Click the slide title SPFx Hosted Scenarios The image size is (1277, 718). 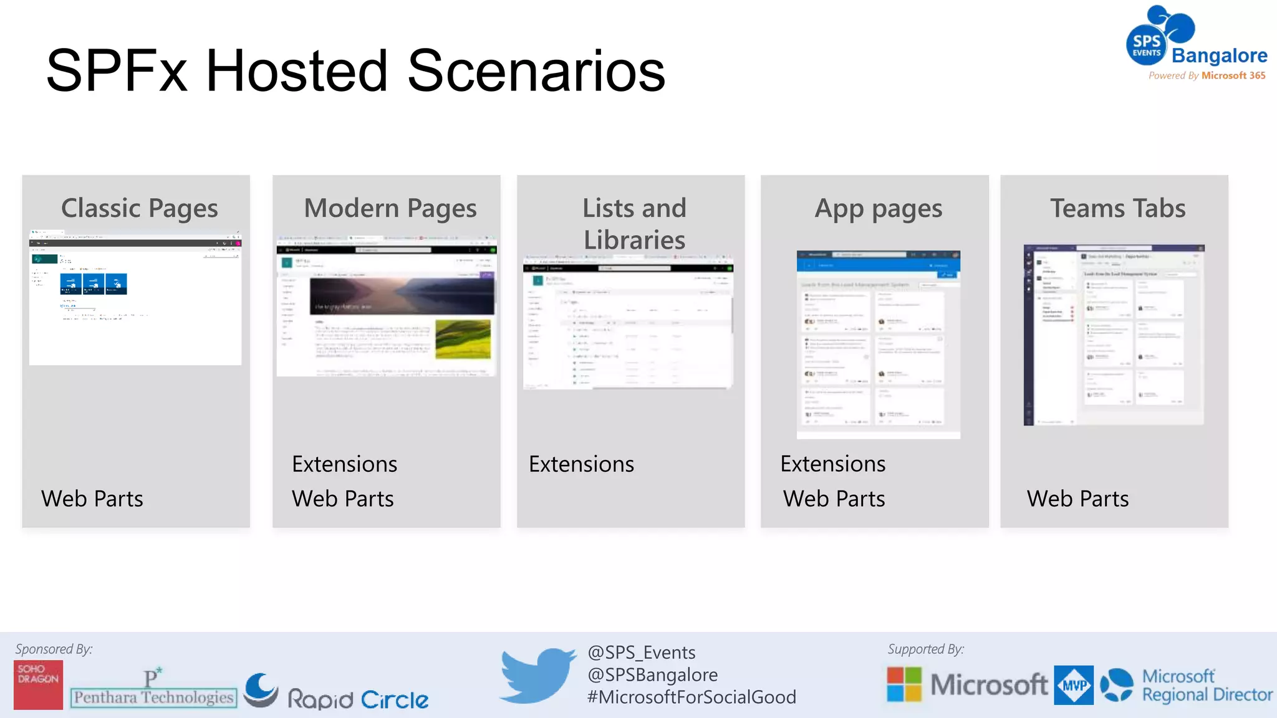click(x=355, y=71)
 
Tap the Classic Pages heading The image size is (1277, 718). click(x=140, y=208)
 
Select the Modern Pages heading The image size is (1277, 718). click(x=390, y=208)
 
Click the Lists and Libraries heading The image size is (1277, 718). click(x=634, y=224)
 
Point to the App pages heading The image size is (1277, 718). click(x=878, y=209)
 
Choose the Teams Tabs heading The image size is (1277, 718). click(x=1117, y=208)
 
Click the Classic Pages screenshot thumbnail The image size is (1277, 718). click(x=135, y=298)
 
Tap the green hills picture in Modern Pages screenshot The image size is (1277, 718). click(x=463, y=339)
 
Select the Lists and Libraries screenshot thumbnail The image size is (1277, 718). click(x=628, y=322)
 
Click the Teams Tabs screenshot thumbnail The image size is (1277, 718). click(x=1114, y=335)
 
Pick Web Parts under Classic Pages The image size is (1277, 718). click(x=92, y=499)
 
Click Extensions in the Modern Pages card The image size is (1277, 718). click(x=344, y=464)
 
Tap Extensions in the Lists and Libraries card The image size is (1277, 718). click(x=581, y=464)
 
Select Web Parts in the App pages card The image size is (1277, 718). click(x=834, y=499)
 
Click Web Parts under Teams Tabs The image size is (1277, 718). click(x=1077, y=499)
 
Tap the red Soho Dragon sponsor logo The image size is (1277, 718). click(x=38, y=684)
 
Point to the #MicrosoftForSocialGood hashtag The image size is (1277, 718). click(x=692, y=697)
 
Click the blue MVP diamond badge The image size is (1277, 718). click(x=1074, y=685)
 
